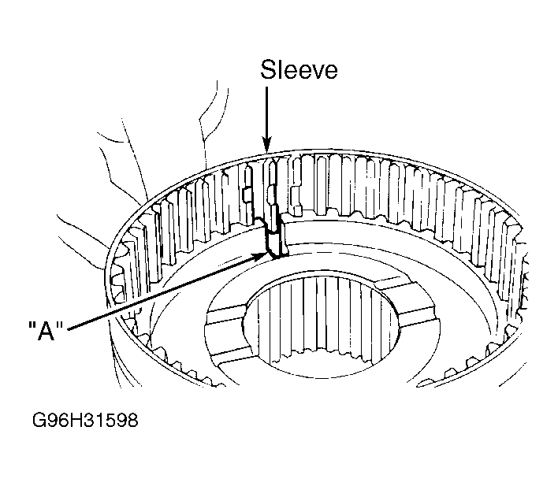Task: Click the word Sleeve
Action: pos(299,69)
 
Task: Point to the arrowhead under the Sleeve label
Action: pos(267,145)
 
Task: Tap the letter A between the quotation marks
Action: pos(46,331)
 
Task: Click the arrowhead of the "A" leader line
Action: pos(259,255)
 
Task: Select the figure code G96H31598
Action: pos(85,420)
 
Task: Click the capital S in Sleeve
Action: pos(268,69)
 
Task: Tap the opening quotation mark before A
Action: pos(32,325)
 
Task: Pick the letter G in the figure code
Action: pos(38,420)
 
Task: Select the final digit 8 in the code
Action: pos(132,420)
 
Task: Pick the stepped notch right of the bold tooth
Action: pos(296,200)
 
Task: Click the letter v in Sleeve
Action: pos(311,72)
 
